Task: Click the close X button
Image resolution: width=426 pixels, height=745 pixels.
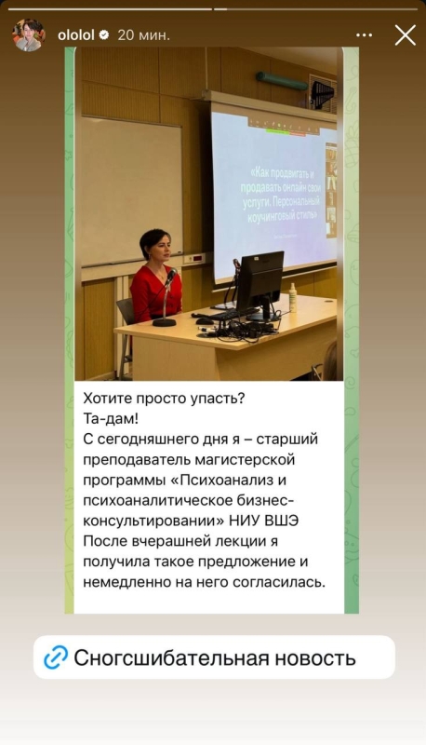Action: tap(406, 35)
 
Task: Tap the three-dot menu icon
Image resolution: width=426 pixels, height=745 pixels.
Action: tap(364, 35)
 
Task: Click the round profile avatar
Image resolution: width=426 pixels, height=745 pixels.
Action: tap(29, 35)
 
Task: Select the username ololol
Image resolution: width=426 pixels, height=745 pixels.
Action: tap(76, 35)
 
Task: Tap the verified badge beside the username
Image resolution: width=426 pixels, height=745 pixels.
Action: tap(104, 35)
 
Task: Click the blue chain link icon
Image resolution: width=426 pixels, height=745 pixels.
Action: tap(56, 657)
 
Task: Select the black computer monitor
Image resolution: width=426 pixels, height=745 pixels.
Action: tap(260, 284)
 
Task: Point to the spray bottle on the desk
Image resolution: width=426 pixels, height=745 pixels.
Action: tap(293, 297)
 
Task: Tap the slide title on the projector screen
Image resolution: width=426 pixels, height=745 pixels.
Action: tap(281, 195)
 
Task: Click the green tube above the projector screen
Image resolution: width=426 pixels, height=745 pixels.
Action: tap(282, 81)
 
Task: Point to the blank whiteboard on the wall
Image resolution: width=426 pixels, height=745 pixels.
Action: tap(131, 191)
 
